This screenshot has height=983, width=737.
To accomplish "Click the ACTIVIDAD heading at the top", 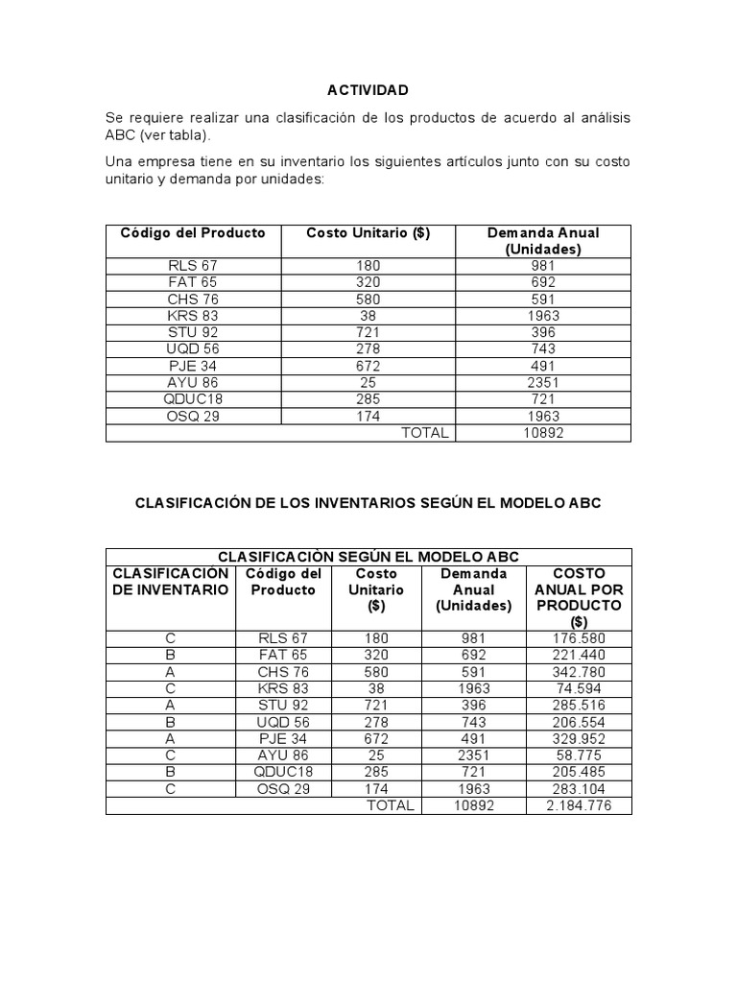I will pos(368,90).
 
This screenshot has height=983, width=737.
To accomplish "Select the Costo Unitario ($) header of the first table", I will pos(368,233).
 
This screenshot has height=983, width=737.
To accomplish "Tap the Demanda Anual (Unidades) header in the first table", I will pos(543,241).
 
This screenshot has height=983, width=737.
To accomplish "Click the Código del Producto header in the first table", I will pos(193,233).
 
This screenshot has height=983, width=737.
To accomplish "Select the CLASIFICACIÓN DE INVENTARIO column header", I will pos(171,582).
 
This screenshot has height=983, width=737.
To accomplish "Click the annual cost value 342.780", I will pos(579,672).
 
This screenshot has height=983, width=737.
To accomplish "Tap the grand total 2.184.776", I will pos(579,805).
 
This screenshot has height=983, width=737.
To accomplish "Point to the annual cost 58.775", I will pos(579,755).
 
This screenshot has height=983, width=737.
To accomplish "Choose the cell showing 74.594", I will pos(579,688).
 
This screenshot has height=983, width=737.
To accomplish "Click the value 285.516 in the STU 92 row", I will pos(579,706).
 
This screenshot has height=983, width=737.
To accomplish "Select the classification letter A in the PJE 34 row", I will pos(171,738).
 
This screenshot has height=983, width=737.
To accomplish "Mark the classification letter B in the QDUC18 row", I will pos(171,772).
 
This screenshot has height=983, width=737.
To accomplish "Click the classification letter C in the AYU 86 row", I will pos(171,755).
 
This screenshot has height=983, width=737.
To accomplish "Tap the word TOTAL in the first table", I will pos(425,433).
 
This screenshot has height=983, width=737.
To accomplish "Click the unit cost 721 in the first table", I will pos(368,332).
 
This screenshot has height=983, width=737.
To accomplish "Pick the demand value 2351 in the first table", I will pos(543,382).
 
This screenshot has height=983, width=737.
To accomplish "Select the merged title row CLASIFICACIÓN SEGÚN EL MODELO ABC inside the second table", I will pos(368,557).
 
